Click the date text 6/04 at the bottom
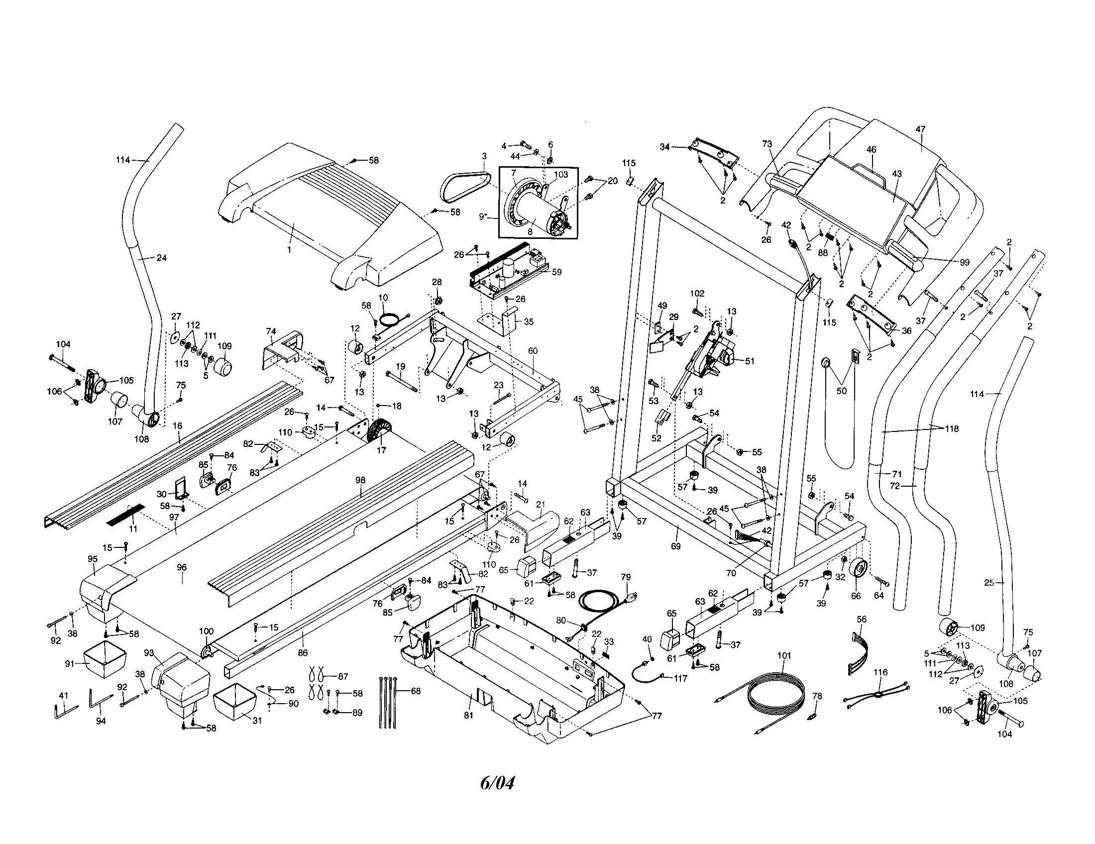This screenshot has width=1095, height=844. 497,782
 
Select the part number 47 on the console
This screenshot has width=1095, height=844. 920,129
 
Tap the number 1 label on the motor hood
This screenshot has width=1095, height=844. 289,249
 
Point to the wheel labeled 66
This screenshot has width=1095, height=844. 860,571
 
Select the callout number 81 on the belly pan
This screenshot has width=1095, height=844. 468,715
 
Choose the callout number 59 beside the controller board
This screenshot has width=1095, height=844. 556,272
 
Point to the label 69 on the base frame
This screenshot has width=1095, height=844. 675,546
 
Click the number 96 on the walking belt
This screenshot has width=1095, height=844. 182,567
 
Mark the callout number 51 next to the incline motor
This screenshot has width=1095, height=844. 750,361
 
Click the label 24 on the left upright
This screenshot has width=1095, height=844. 161,258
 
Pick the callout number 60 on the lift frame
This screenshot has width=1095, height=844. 533,351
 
